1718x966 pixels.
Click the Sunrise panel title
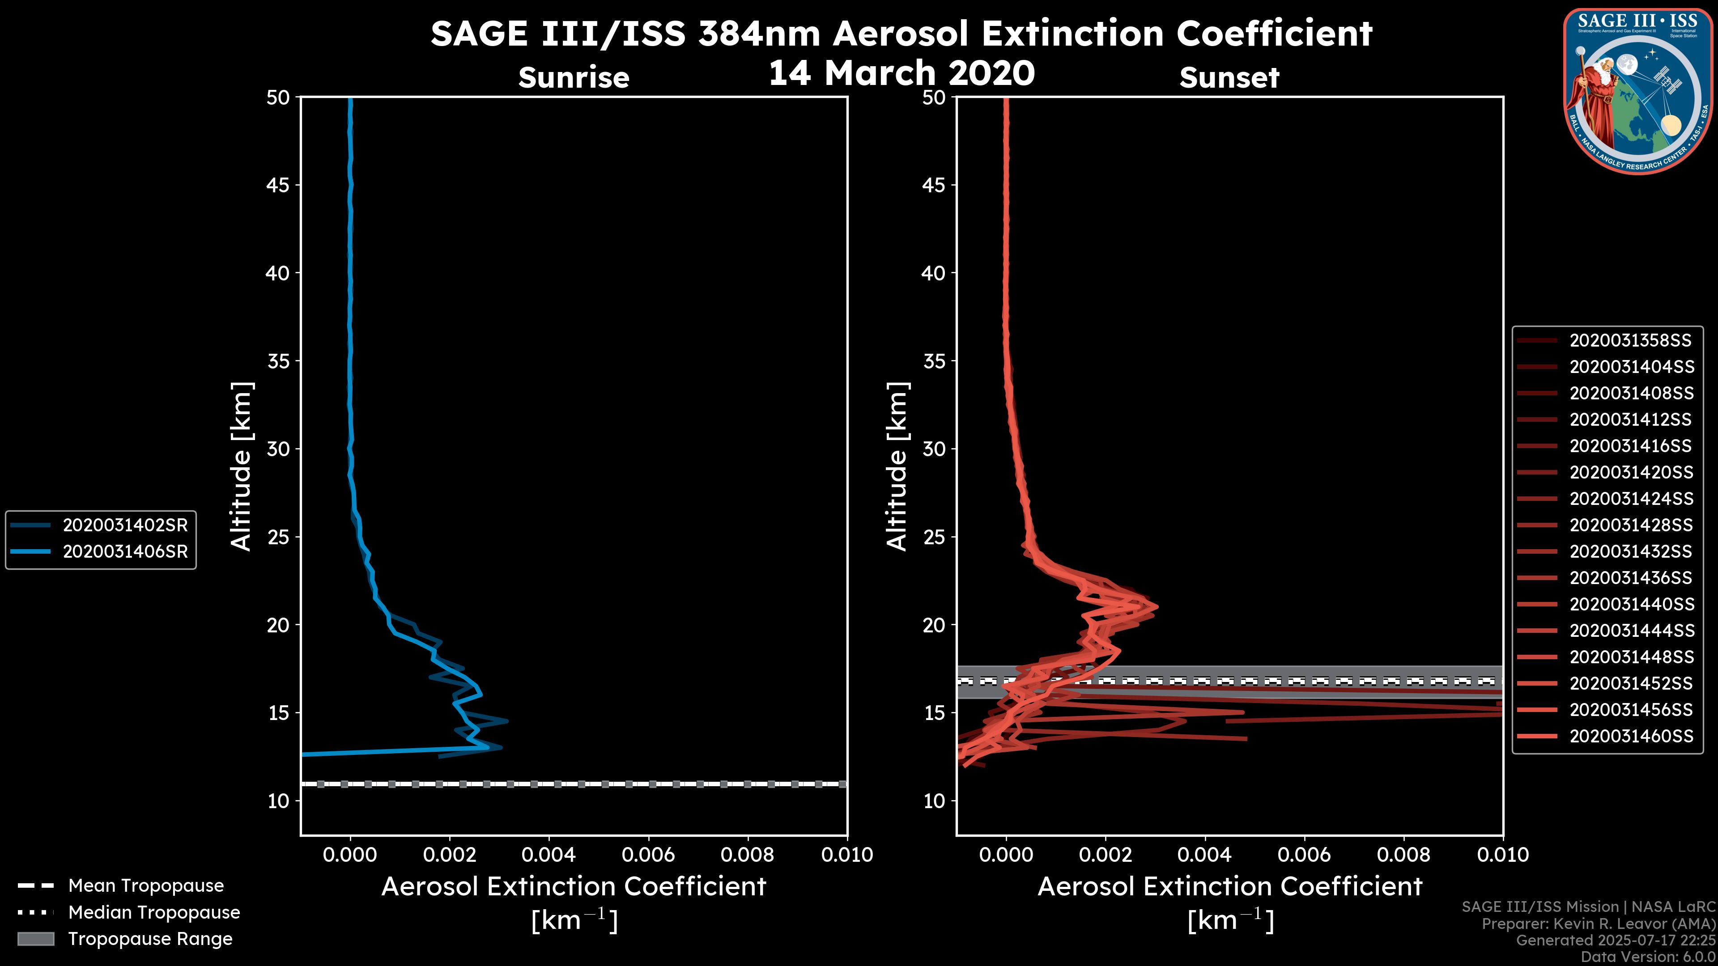pos(574,77)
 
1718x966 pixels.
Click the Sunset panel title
pos(1229,77)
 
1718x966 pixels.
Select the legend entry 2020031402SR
pos(125,525)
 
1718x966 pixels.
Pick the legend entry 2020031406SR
pos(125,552)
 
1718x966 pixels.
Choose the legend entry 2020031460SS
pos(1631,736)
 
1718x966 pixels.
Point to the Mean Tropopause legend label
pos(146,885)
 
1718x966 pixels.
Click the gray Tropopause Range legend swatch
pos(36,939)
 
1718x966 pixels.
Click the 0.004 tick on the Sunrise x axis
pos(548,855)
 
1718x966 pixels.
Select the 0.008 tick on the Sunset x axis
pos(1404,855)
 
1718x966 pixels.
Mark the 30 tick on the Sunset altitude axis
pos(934,449)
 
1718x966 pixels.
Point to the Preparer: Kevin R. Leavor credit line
pos(1599,924)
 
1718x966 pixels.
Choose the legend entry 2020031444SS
pos(1631,631)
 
